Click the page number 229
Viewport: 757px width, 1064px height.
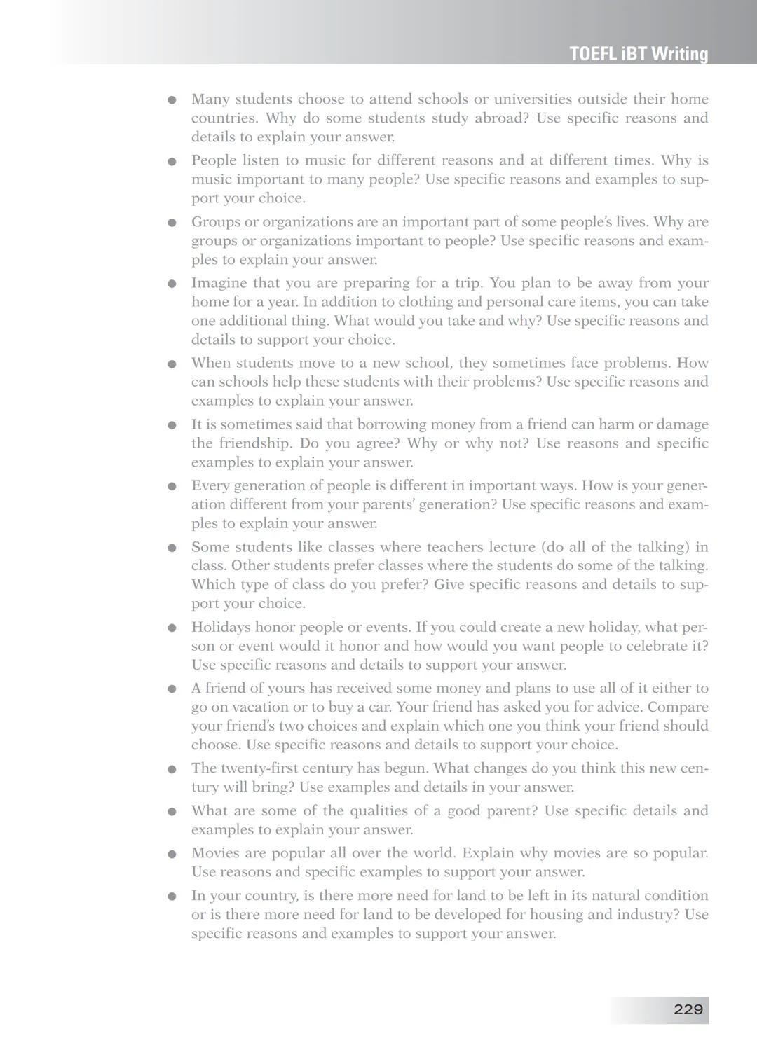tap(688, 1009)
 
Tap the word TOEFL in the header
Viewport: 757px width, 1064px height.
tap(593, 54)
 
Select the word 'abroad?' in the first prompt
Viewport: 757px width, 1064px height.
tap(501, 118)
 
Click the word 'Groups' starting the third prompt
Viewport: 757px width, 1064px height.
tap(214, 222)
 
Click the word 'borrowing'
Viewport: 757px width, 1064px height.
tap(389, 424)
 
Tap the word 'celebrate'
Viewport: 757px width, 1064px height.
tap(659, 646)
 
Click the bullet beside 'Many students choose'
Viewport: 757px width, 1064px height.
tap(172, 99)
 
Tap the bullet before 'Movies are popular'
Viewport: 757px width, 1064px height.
tap(172, 854)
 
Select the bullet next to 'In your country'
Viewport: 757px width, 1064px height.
tap(172, 897)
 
